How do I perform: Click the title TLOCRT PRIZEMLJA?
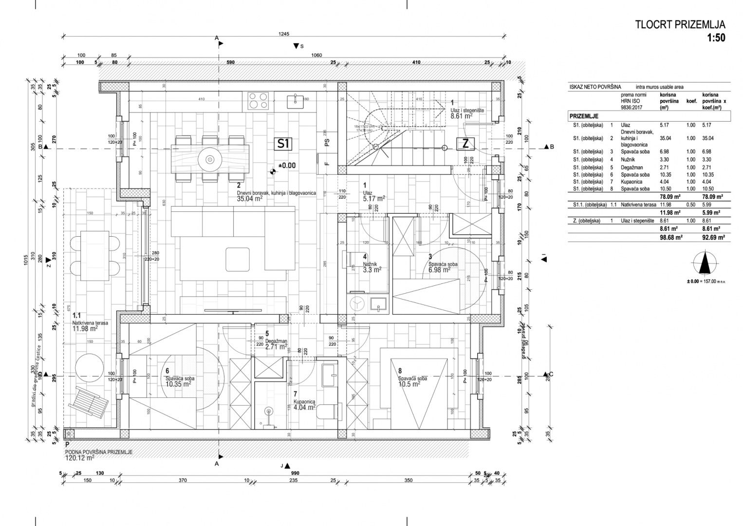pyautogui.click(x=680, y=25)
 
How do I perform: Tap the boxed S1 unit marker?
pyautogui.click(x=284, y=144)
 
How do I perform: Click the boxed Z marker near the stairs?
pyautogui.click(x=465, y=144)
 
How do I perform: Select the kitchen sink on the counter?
pyautogui.click(x=295, y=101)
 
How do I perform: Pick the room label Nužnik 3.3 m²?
pyautogui.click(x=371, y=266)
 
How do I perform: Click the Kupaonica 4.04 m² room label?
pyautogui.click(x=305, y=405)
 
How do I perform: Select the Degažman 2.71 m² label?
pyautogui.click(x=276, y=344)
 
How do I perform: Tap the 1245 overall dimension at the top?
pyautogui.click(x=284, y=34)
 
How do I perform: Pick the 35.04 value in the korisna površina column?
pyautogui.click(x=666, y=138)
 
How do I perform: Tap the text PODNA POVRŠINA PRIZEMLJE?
pyautogui.click(x=99, y=451)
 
